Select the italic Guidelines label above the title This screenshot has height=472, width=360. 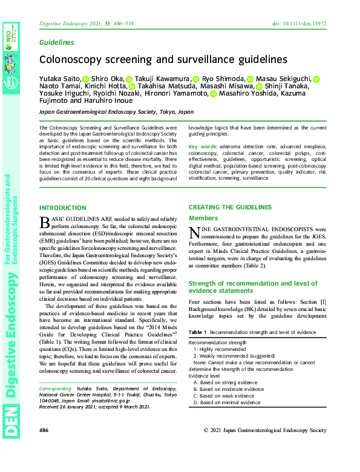click(x=56, y=42)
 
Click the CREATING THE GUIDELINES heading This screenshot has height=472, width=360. click(x=230, y=208)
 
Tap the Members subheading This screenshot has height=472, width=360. click(x=204, y=218)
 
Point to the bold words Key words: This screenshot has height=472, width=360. click(x=202, y=147)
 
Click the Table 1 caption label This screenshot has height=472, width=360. click(x=197, y=333)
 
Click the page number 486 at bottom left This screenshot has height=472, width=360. click(x=44, y=430)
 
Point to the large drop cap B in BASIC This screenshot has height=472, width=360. click(x=44, y=225)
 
